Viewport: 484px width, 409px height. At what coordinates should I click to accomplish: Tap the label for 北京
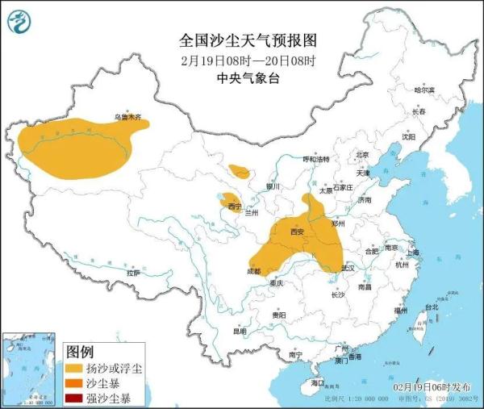point(362,155)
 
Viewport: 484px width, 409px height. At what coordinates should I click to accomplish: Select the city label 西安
point(297,232)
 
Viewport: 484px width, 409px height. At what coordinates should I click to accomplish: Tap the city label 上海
point(413,252)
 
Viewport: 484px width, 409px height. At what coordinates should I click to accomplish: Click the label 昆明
point(240,331)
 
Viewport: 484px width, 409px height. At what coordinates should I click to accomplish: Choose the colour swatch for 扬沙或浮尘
point(73,369)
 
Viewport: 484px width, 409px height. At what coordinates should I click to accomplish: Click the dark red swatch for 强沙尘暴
point(73,398)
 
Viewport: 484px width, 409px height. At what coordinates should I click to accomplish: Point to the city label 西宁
point(236,207)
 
